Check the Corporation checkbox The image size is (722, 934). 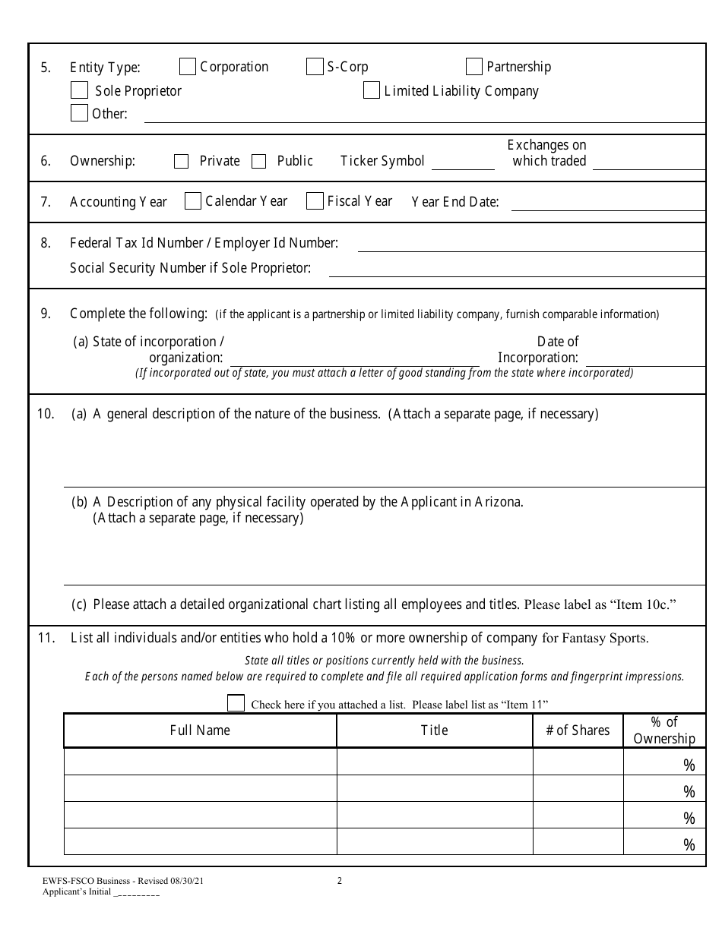click(188, 67)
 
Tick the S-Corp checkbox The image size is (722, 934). click(315, 67)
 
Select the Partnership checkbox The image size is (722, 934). click(474, 67)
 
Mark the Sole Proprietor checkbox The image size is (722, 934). click(79, 90)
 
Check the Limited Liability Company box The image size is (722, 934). click(372, 90)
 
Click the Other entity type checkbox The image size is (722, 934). click(79, 113)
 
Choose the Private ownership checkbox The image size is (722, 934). click(181, 161)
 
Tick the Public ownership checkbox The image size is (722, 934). click(259, 161)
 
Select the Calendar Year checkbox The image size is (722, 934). click(193, 200)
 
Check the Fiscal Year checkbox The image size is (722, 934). click(315, 200)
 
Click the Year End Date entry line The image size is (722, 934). click(607, 204)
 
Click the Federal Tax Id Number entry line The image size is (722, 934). click(530, 245)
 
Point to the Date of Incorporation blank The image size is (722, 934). click(644, 360)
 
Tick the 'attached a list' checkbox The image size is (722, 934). click(236, 703)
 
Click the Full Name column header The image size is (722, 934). click(200, 730)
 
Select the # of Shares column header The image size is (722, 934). click(578, 730)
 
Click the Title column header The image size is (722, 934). click(434, 730)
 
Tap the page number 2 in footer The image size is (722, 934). click(340, 881)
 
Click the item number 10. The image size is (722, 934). click(46, 414)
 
